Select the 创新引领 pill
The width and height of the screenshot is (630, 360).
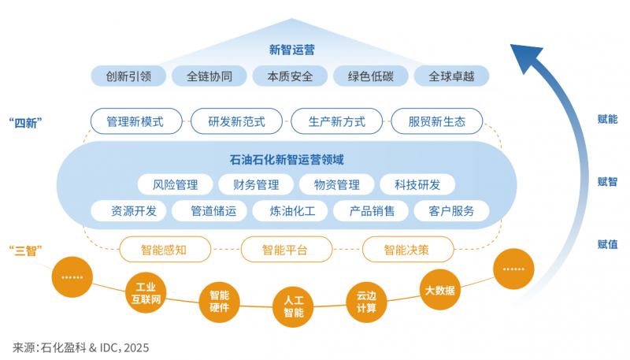coord(128,76)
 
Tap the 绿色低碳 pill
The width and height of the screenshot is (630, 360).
coord(370,76)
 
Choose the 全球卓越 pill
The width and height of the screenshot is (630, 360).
coord(451,76)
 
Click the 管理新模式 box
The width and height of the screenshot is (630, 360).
coord(136,121)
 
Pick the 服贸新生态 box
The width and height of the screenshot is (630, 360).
coord(437,121)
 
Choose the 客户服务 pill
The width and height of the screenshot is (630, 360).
coord(451,211)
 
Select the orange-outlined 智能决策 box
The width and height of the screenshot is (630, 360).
coord(407,250)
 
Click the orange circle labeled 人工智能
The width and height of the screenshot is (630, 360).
coord(293,306)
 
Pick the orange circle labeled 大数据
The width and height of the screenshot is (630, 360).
coord(439,289)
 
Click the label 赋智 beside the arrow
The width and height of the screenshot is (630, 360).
coord(607,182)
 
